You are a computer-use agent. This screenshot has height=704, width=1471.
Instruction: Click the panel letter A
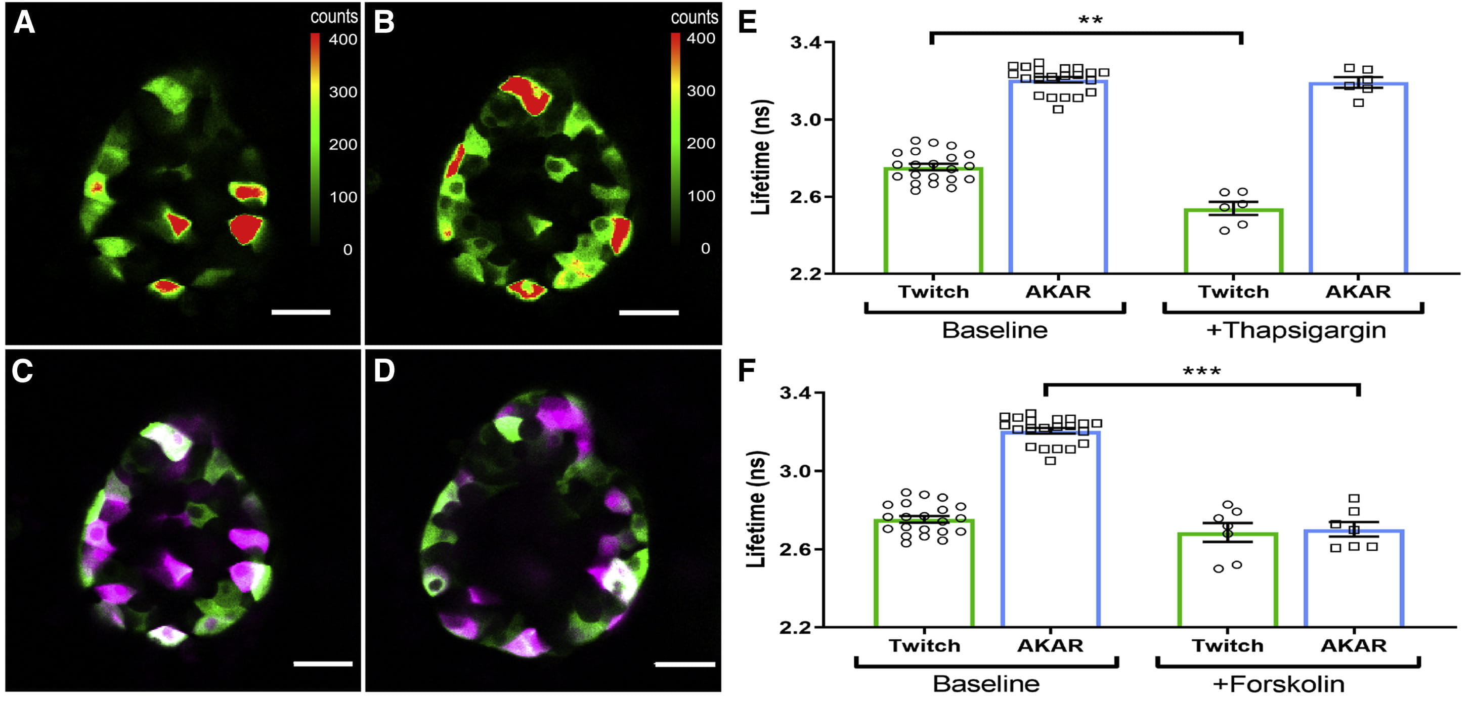click(x=24, y=23)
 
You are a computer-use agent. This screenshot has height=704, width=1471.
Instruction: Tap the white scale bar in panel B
click(x=648, y=313)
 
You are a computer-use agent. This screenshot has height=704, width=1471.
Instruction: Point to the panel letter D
click(x=384, y=371)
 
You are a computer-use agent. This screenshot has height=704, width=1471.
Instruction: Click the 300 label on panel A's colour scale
click(x=342, y=92)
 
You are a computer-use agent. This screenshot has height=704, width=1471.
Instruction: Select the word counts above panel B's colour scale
click(x=694, y=18)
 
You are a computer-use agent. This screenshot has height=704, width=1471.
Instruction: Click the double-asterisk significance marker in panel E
click(x=1090, y=21)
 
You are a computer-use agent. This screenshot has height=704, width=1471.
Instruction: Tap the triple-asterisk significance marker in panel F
click(x=1201, y=372)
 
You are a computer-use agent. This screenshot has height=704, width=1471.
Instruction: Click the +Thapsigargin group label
click(x=1295, y=331)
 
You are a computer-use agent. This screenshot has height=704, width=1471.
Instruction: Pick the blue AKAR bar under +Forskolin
click(x=1354, y=579)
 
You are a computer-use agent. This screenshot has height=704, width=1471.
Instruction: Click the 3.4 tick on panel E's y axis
click(x=805, y=43)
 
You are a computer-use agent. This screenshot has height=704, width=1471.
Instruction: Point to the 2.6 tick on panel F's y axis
click(x=796, y=549)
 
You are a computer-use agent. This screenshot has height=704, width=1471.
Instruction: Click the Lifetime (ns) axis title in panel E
click(x=761, y=157)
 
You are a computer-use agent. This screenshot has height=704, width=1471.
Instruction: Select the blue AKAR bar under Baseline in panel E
click(x=1058, y=177)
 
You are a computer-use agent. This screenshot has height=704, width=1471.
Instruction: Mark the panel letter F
click(x=748, y=371)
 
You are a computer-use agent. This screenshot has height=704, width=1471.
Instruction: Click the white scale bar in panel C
click(x=323, y=664)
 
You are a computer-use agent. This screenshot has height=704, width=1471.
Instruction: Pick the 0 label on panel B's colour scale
click(x=705, y=248)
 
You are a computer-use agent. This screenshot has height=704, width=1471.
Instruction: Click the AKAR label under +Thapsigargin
click(x=1357, y=292)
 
